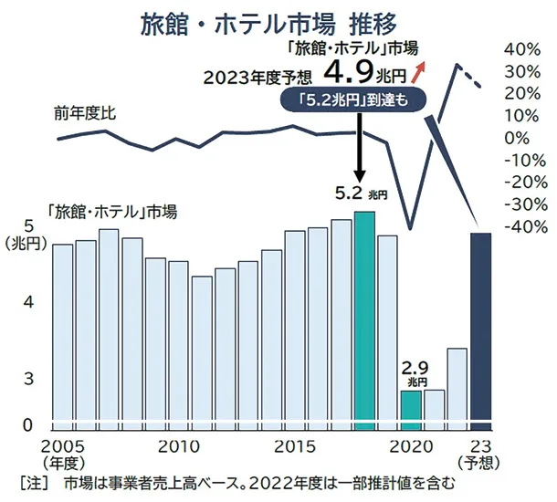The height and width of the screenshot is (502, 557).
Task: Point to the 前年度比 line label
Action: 85,113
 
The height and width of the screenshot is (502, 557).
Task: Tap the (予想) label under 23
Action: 481,463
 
